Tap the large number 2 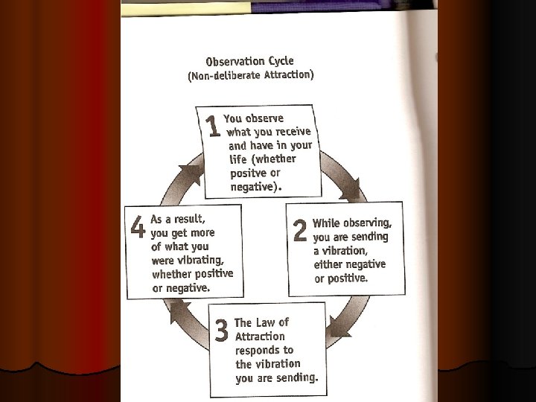coord(300,230)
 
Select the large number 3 coord(221,331)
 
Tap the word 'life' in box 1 coord(237,159)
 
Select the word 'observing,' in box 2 coord(367,223)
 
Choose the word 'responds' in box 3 coord(264,350)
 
